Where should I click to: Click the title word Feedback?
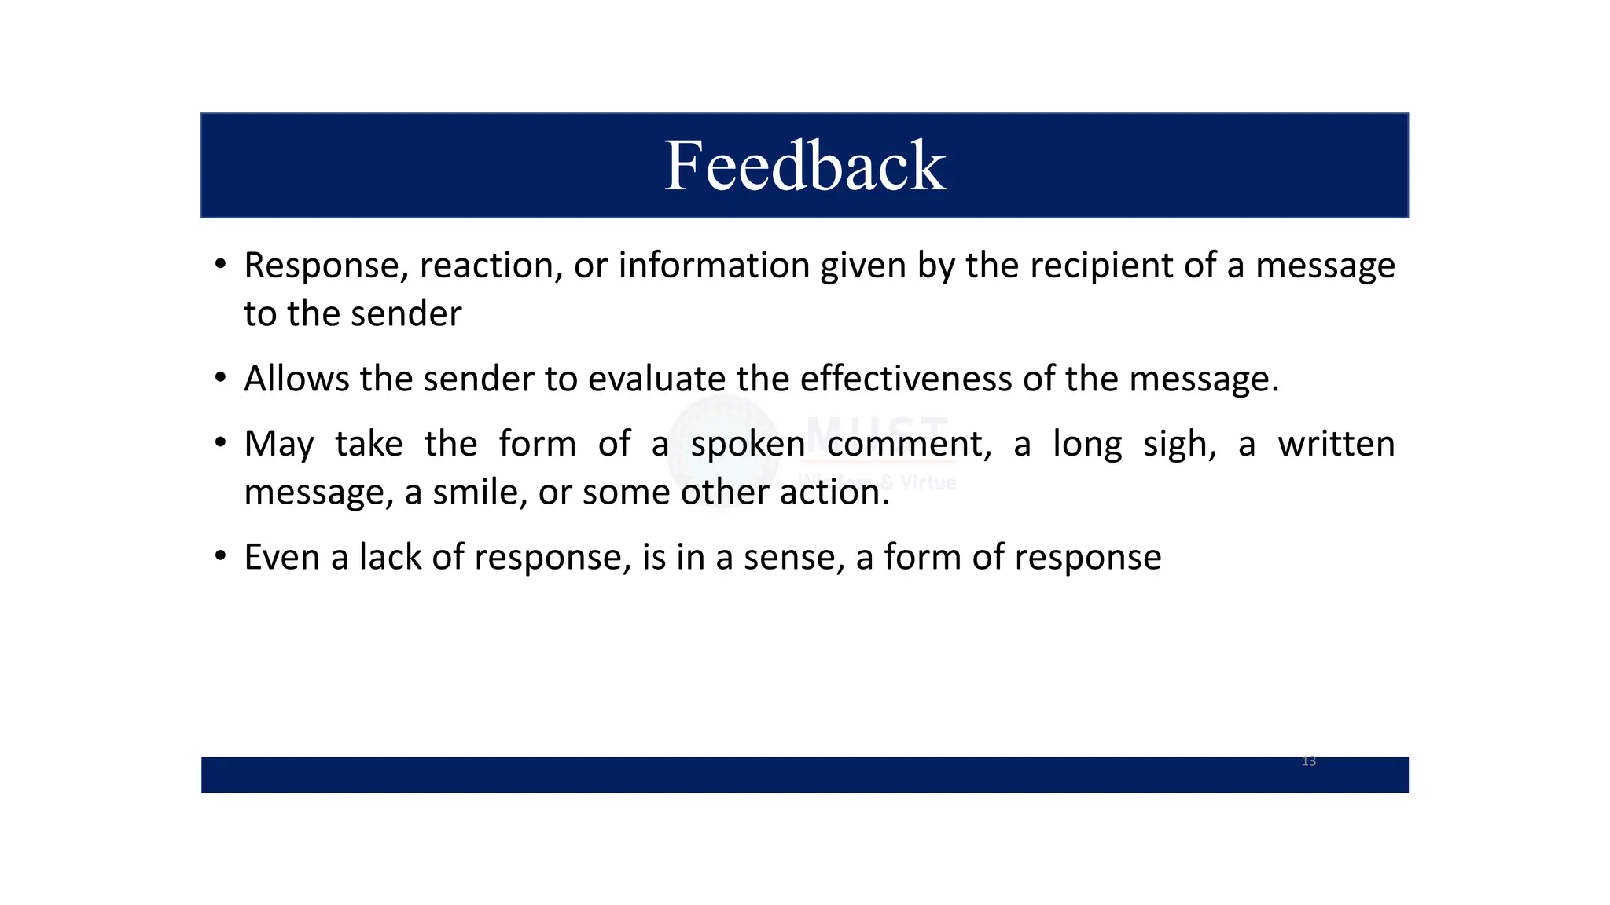pyautogui.click(x=805, y=166)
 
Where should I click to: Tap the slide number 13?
pyautogui.click(x=1308, y=761)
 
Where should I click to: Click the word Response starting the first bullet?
pyautogui.click(x=326, y=266)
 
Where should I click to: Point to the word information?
pyautogui.click(x=714, y=266)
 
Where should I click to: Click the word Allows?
pyautogui.click(x=296, y=379)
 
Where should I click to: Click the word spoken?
pyautogui.click(x=748, y=445)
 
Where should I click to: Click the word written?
pyautogui.click(x=1336, y=444)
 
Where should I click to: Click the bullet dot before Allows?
pyautogui.click(x=221, y=378)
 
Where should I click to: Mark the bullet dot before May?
pyautogui.click(x=221, y=443)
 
